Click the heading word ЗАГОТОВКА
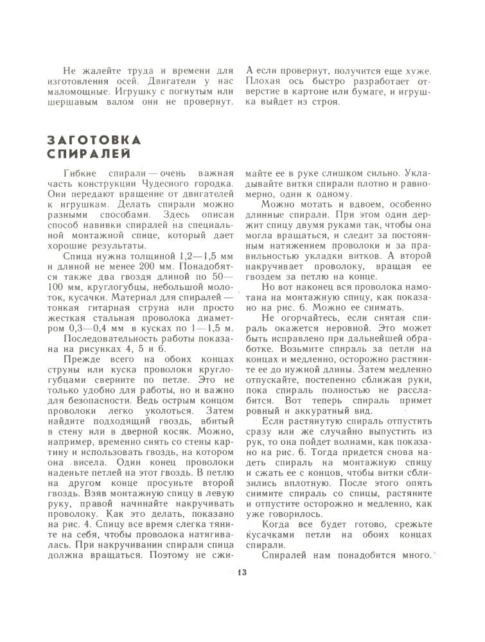[95, 140]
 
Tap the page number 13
[242, 573]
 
